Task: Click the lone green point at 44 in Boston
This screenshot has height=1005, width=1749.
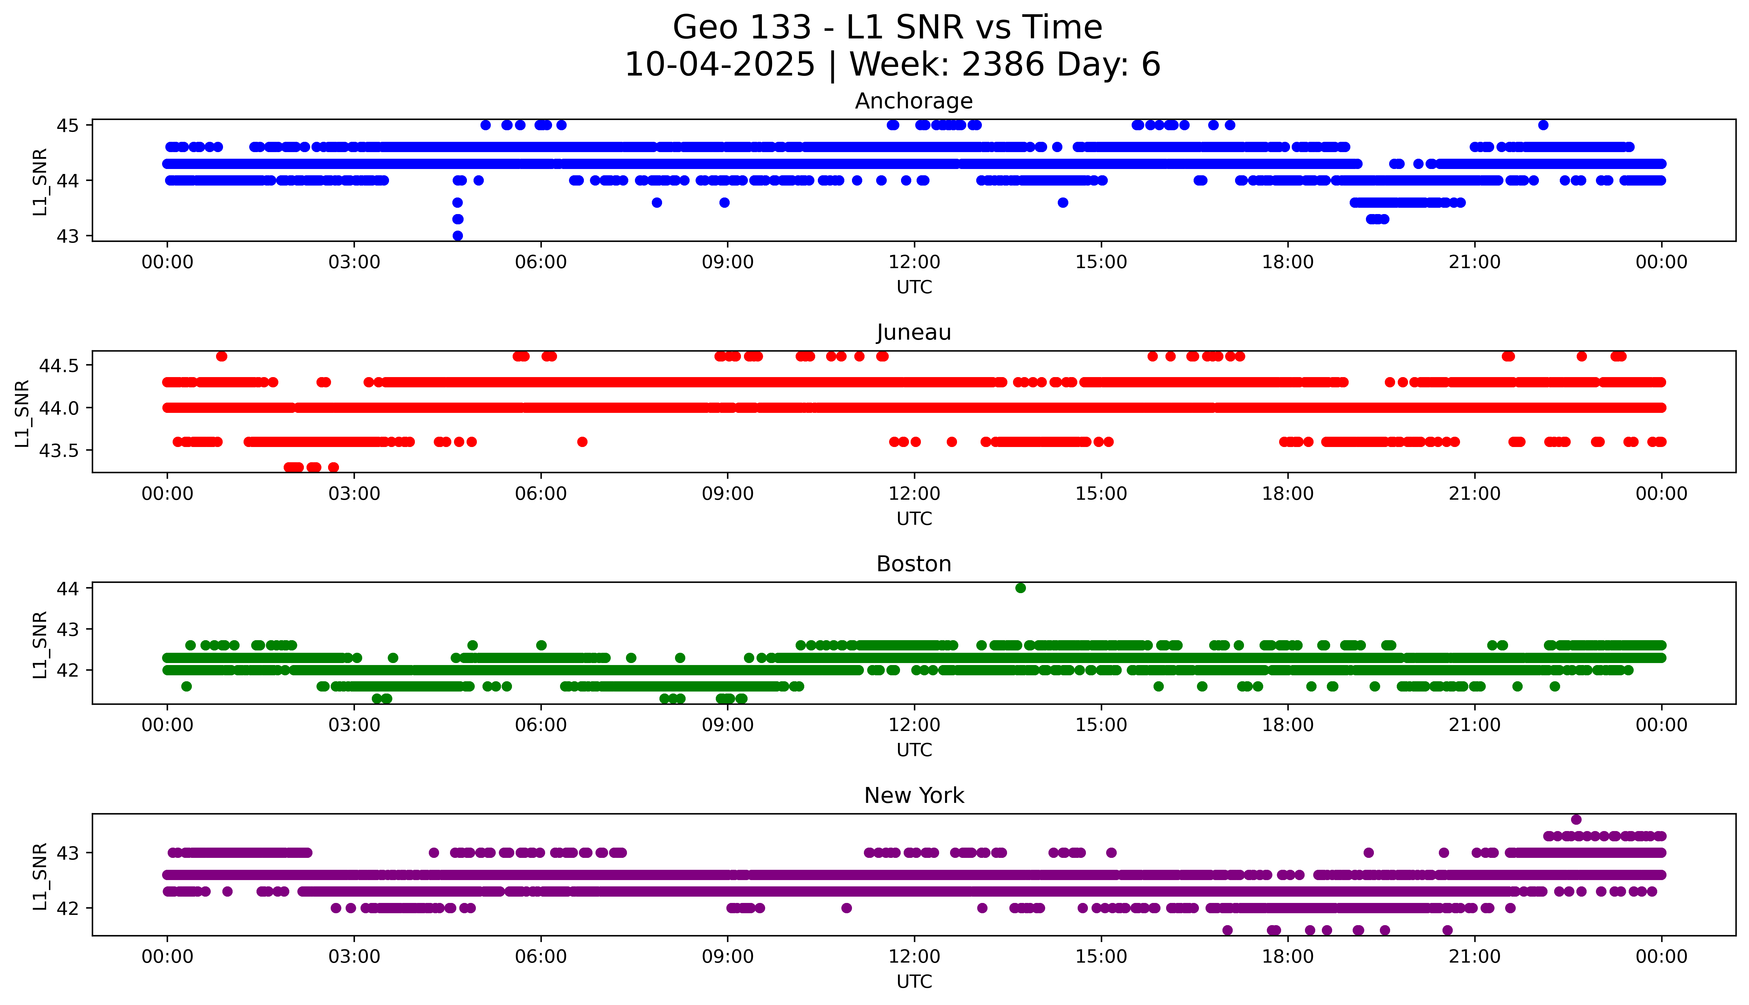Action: click(1020, 588)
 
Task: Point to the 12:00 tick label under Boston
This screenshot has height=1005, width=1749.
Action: click(914, 725)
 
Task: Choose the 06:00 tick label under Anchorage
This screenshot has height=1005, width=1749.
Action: click(540, 262)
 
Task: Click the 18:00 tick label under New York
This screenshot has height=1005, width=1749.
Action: click(1288, 957)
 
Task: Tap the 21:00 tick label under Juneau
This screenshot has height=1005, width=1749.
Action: click(1474, 494)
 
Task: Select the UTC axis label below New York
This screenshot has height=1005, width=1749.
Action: click(914, 981)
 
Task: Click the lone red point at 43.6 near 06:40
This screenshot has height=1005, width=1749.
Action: click(582, 442)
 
